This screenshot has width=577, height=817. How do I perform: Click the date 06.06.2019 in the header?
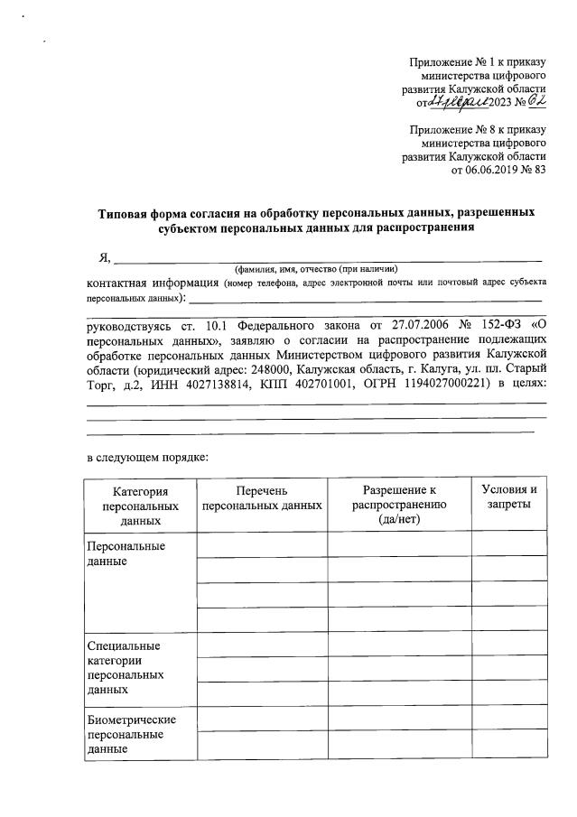(492, 169)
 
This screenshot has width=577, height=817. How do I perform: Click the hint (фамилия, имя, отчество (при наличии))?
(316, 269)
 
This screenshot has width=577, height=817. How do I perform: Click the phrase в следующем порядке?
(147, 457)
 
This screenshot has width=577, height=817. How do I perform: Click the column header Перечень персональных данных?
(262, 497)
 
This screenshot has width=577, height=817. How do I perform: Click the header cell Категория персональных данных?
(141, 505)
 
